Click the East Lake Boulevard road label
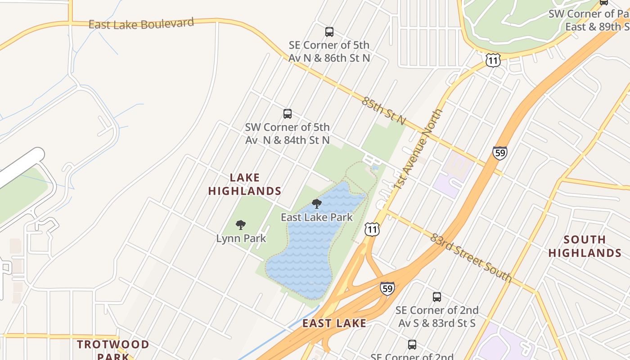coord(141,23)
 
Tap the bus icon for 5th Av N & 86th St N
coord(329,32)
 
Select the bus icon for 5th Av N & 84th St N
coord(288,114)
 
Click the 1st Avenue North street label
coord(418,148)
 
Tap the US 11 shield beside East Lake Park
coord(372,229)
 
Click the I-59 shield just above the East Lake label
coord(387,288)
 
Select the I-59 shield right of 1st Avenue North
coord(499,153)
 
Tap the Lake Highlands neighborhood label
coord(245,184)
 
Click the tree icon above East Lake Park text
coord(317,204)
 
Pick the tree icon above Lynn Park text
coord(241,225)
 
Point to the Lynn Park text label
coord(241,238)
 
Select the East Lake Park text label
coord(317,217)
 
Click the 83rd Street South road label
coord(471,258)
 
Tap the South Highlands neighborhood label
coord(585,246)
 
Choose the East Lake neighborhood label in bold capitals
coord(334,323)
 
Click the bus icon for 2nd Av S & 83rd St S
coord(436,297)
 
